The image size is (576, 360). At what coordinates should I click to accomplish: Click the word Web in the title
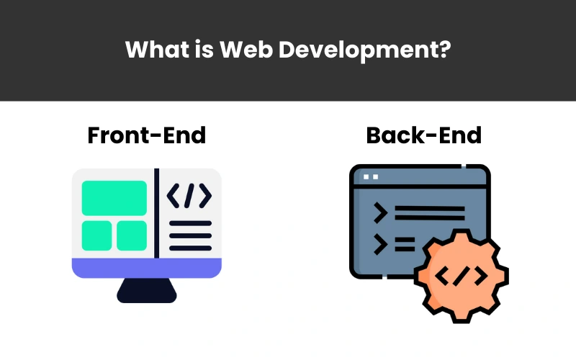246,49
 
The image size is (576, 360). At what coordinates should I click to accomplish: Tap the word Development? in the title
364,50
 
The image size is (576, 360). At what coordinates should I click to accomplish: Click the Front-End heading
147,135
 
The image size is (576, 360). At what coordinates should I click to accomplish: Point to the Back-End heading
423,135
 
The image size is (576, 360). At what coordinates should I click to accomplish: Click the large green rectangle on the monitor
114,198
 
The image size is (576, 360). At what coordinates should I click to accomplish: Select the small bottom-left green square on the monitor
96,235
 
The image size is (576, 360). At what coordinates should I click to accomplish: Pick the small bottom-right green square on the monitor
132,235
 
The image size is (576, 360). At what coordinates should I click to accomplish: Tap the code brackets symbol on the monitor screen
189,196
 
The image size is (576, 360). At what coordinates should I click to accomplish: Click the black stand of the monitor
147,291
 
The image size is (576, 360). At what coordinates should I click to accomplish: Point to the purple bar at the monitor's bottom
147,268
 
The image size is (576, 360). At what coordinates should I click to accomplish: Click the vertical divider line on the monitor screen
156,213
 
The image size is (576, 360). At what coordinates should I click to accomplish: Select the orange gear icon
462,276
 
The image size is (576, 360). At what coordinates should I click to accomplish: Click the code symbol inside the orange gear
462,276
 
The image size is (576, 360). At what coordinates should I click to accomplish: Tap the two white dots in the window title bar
371,177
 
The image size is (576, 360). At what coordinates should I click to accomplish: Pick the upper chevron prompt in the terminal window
381,212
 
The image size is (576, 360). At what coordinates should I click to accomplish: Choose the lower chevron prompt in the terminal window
381,244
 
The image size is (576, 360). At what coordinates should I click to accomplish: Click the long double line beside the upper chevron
430,213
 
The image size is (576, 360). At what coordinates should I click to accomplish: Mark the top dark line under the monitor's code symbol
190,223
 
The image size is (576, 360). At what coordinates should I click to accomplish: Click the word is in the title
204,49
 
